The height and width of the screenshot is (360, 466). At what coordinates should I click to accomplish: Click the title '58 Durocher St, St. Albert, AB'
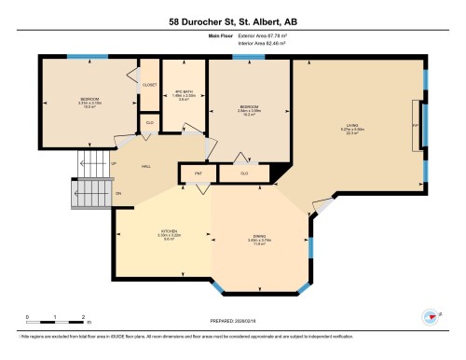coord(232,21)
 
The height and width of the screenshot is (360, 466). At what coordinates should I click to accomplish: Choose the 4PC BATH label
coord(182,90)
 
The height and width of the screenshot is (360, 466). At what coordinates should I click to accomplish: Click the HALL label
coord(145,166)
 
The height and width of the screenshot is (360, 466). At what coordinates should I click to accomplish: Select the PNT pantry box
coord(199,173)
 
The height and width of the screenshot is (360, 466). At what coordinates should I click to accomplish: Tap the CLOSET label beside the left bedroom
coord(150,84)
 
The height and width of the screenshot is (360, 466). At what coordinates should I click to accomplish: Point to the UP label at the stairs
coord(114,164)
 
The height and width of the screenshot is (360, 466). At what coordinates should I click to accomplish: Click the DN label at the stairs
coord(117,193)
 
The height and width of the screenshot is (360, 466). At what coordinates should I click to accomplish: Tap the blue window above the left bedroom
coord(81,57)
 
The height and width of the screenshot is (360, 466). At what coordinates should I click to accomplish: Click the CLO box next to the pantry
coord(244,173)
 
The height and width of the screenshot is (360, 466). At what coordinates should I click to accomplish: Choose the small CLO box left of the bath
coord(149,121)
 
